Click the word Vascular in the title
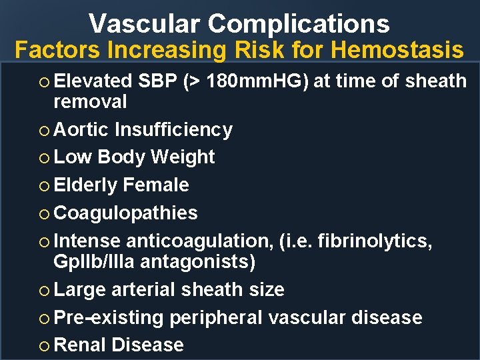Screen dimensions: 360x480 [145, 24]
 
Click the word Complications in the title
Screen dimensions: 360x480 [299, 24]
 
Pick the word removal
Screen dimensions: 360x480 [90, 102]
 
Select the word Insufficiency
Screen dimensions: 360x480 [173, 129]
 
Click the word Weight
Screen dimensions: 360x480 [183, 157]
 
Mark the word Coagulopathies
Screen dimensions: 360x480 [125, 213]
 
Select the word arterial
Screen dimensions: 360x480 [142, 290]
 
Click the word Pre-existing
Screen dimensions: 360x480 [108, 317]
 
